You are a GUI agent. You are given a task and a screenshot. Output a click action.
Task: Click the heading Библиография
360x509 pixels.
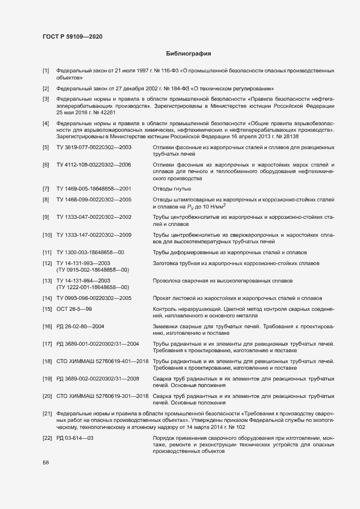[188, 54]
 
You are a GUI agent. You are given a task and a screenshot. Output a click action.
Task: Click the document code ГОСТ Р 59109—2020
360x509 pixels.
[72, 37]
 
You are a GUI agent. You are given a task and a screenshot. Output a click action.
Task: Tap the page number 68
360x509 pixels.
[46, 462]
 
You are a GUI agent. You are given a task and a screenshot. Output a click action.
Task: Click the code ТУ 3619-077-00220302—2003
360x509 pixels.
[94, 148]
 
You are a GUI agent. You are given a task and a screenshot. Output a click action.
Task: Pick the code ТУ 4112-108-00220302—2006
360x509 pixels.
[94, 164]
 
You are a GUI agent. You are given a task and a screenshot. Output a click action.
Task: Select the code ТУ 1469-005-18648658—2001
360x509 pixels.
[94, 188]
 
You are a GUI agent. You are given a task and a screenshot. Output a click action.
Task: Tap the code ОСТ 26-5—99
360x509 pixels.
[74, 309]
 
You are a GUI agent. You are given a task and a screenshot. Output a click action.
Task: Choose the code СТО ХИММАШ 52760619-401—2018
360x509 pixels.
[103, 361]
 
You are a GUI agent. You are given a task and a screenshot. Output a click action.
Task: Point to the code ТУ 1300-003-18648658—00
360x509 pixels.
[90, 253]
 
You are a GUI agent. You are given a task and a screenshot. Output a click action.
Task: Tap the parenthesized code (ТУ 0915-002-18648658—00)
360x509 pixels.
[93, 269]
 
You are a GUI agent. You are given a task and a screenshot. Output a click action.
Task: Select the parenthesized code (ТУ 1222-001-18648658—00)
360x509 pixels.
[93, 287]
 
